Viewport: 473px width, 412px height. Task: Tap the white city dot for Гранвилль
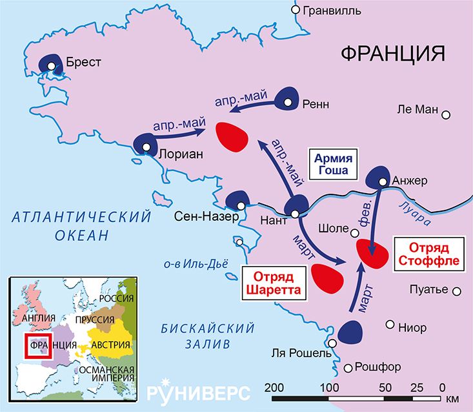(296, 10)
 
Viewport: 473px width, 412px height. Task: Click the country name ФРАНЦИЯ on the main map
(394, 54)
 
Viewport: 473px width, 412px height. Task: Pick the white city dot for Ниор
(389, 324)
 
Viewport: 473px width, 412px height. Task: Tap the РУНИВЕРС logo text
(197, 392)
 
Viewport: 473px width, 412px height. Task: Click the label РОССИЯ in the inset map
(116, 299)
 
